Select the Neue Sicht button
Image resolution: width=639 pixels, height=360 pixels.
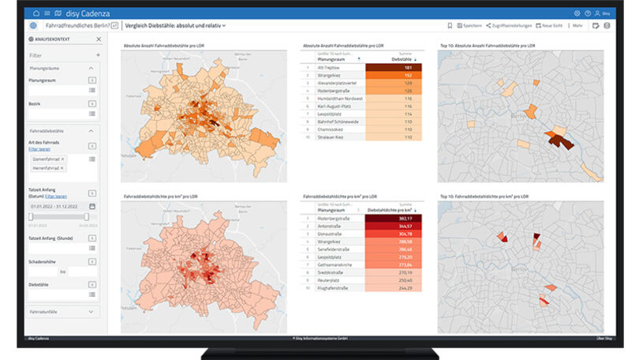click(x=551, y=25)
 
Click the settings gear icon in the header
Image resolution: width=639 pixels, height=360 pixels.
click(x=577, y=13)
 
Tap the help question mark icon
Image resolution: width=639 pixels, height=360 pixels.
click(x=587, y=13)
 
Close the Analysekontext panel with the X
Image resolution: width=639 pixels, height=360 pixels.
click(x=99, y=39)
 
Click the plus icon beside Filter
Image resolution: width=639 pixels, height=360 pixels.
click(x=98, y=55)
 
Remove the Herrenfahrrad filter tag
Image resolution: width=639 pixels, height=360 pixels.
click(x=62, y=168)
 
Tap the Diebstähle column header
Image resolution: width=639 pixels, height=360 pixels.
click(x=403, y=59)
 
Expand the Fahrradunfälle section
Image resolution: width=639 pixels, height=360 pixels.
click(x=62, y=312)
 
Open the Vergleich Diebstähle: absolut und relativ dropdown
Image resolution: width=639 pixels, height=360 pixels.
click(x=175, y=25)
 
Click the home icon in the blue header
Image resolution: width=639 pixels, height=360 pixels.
click(x=37, y=13)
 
